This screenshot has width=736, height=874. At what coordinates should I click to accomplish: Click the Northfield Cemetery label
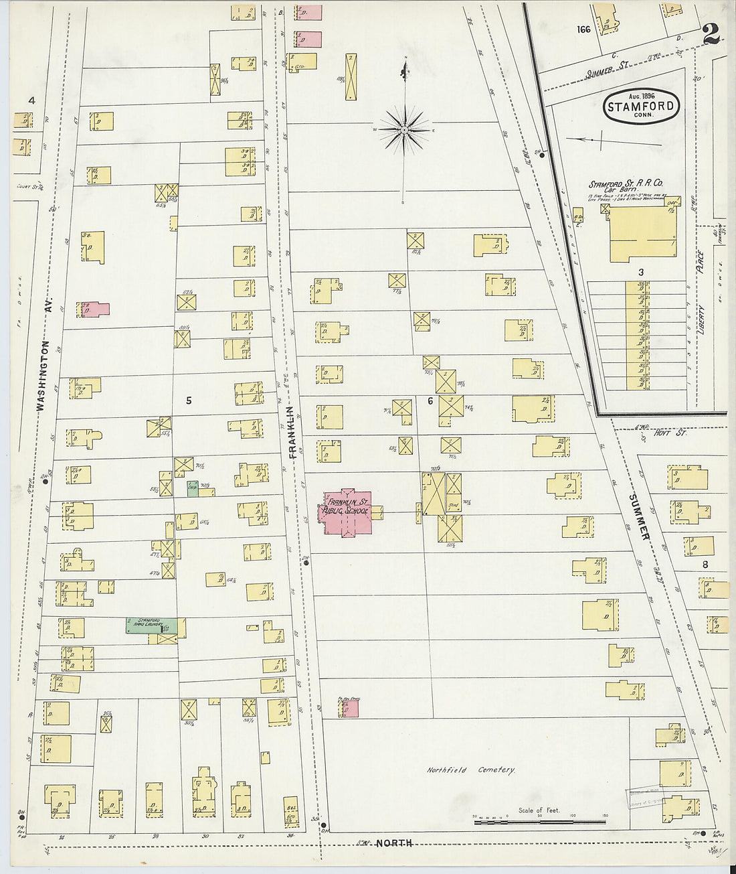pyautogui.click(x=471, y=770)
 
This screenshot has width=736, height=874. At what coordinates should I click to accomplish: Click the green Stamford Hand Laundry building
pyautogui.click(x=151, y=626)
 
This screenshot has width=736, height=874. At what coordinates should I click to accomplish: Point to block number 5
pyautogui.click(x=189, y=400)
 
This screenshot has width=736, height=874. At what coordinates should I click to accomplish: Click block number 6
pyautogui.click(x=430, y=401)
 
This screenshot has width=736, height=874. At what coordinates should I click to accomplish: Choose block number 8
pyautogui.click(x=705, y=564)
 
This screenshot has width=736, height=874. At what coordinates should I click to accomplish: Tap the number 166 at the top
pyautogui.click(x=584, y=29)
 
